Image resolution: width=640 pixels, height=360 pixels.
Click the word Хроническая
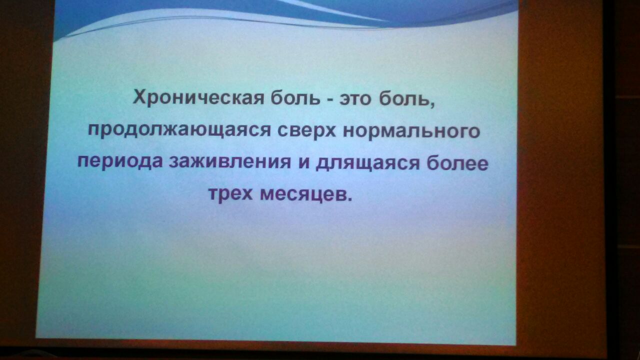coord(198,98)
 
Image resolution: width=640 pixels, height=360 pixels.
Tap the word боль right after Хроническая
coord(295,98)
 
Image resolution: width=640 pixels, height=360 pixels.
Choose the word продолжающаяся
coord(179,131)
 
